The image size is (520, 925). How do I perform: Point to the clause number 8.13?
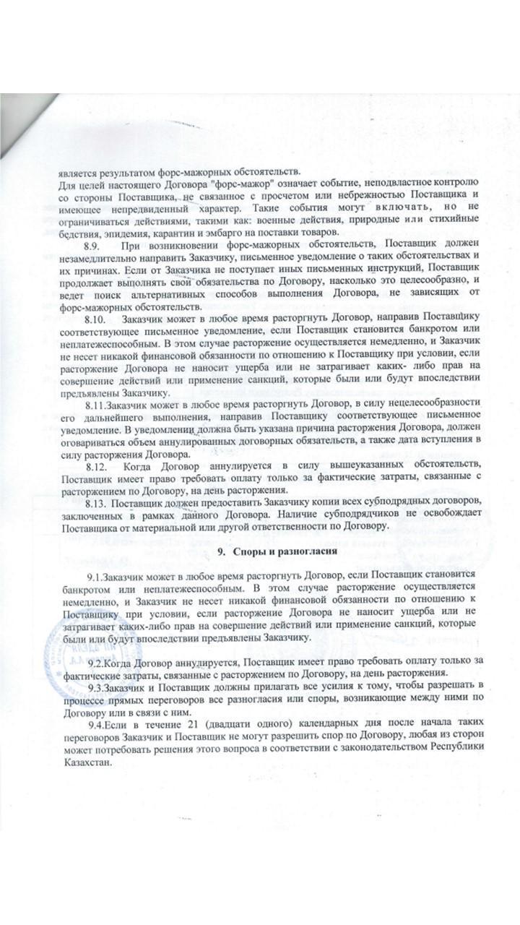click(97, 502)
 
